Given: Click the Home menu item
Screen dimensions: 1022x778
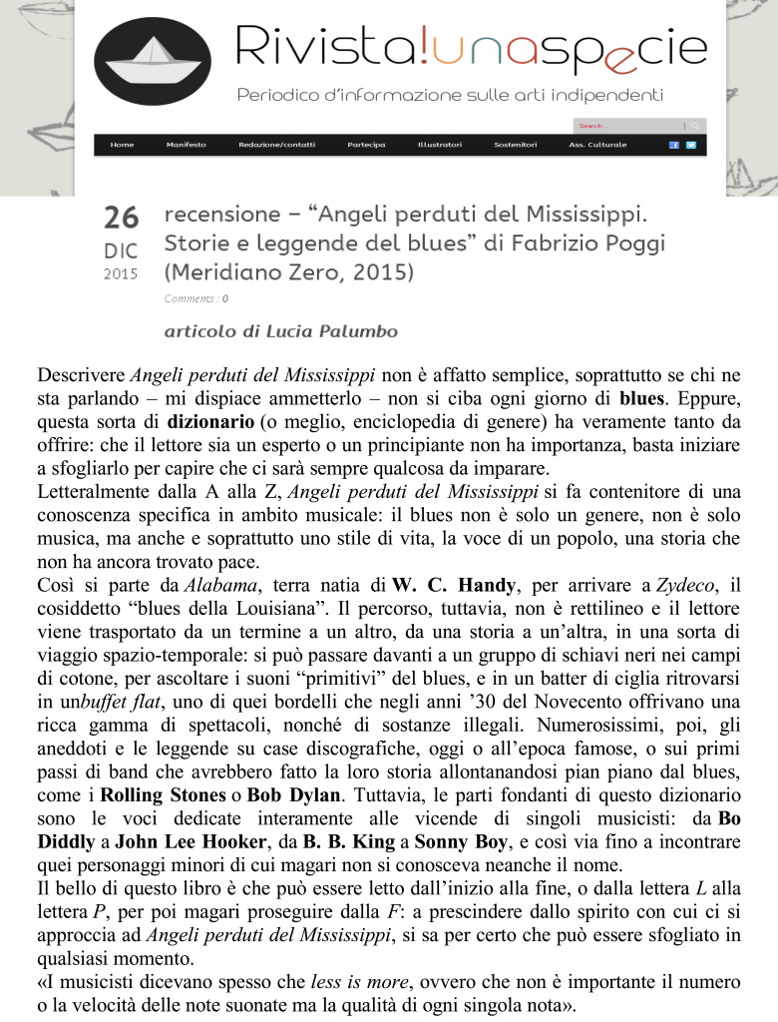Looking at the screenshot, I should (x=123, y=145).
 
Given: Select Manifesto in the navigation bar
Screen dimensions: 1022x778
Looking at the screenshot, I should (x=187, y=145).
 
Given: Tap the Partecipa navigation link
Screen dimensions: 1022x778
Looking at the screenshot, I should (x=366, y=145).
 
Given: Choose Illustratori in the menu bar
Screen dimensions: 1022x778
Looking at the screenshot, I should (x=440, y=145).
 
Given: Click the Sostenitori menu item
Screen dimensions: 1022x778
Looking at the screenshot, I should (x=516, y=145).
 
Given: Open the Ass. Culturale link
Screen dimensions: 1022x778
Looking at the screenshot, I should (x=597, y=145).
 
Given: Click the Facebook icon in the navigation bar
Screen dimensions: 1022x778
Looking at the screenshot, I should (x=674, y=145).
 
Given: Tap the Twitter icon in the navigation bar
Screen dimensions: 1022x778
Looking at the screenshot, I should (x=690, y=145).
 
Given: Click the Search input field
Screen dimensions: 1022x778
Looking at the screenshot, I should (x=628, y=126).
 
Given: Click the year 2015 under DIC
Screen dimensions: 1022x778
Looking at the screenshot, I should (x=121, y=272).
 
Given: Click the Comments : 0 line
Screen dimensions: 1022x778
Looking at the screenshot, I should (x=195, y=297).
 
